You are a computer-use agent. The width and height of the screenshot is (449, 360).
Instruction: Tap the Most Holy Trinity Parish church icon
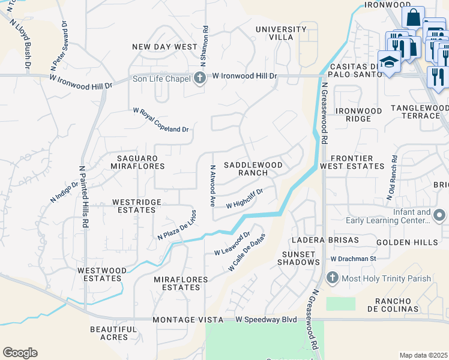point(333,278)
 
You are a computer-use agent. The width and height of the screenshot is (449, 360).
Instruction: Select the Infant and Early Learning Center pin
point(440,215)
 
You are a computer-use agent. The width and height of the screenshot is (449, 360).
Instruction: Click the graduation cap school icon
point(389,62)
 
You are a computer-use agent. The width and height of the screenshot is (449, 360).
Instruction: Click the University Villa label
point(280,33)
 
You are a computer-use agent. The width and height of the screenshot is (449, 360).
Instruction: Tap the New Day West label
point(164,47)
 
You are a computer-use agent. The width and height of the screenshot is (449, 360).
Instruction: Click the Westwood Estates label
point(101,274)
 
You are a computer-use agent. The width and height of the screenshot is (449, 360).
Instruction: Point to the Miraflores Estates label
point(181,284)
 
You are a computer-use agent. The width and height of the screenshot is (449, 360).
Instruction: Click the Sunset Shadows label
point(300,258)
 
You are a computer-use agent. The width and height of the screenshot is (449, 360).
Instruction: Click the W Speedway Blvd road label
point(266,320)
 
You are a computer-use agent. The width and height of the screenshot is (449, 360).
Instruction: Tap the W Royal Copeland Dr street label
point(161,119)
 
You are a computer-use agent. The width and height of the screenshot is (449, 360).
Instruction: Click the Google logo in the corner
point(20,353)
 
